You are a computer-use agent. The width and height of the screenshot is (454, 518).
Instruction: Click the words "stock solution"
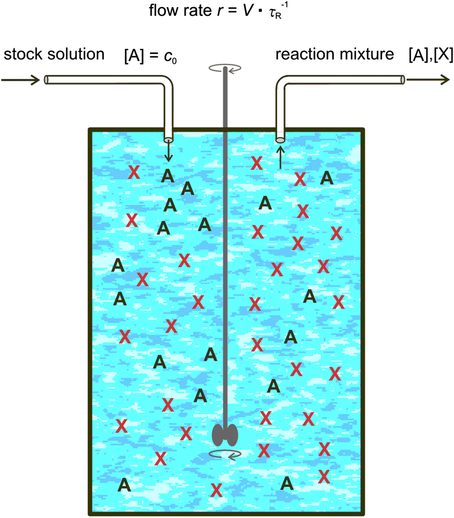53,54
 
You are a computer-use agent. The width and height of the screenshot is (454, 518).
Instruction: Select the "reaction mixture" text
335,54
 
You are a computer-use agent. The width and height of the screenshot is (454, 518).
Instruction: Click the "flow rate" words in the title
173,10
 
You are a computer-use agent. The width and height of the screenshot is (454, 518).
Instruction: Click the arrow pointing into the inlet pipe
21,80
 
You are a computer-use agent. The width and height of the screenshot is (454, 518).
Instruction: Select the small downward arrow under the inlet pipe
169,153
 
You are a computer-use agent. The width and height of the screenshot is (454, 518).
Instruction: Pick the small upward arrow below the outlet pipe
280,157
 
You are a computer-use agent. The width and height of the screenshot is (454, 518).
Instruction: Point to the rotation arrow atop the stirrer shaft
226,68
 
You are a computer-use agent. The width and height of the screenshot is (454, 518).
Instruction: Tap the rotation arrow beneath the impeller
225,453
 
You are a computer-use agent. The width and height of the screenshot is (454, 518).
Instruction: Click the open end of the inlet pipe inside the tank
169,140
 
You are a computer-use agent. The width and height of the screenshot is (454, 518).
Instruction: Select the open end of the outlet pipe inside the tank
280,140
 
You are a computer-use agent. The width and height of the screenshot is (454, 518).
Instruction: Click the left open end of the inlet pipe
46,80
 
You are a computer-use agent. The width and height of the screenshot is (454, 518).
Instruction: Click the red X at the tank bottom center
216,490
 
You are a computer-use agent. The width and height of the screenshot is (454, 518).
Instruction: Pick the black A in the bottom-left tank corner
124,484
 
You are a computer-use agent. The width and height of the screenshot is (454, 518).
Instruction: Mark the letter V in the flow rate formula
245,10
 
